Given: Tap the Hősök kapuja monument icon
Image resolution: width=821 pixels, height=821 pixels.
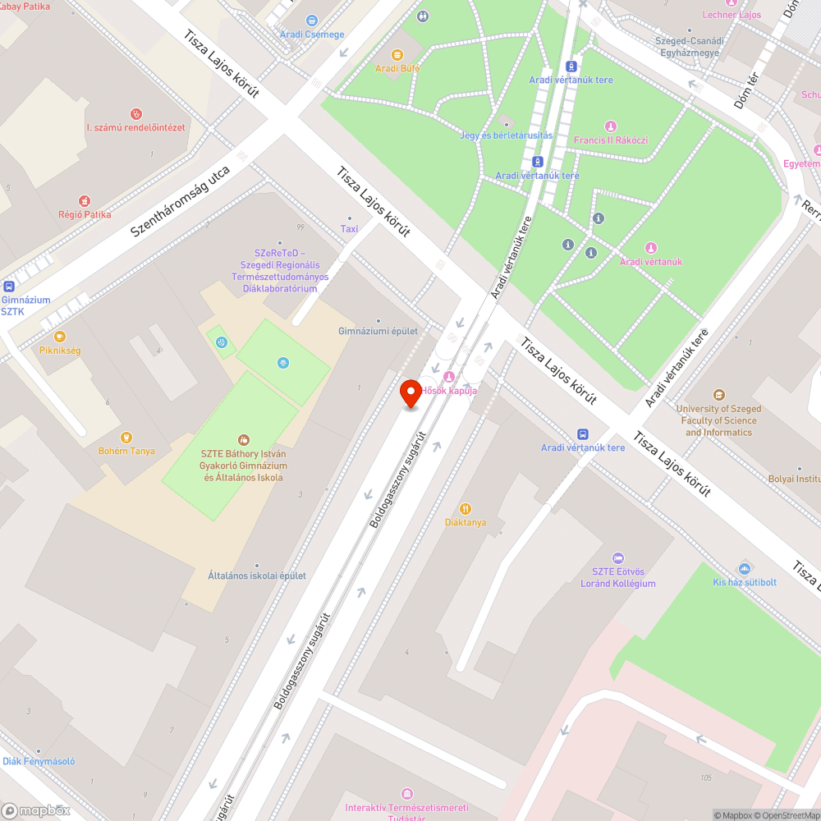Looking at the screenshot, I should tap(448, 376).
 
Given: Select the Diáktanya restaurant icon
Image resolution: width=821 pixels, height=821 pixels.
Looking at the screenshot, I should tap(466, 508).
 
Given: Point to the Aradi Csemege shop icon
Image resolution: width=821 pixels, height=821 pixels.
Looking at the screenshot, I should tap(312, 21).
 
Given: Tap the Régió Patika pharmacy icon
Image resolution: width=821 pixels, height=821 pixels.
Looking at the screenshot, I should tap(84, 200).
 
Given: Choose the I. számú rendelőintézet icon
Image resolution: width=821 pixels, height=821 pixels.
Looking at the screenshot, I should tap(136, 113).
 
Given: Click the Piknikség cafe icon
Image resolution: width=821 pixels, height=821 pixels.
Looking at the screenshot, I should tap(59, 336).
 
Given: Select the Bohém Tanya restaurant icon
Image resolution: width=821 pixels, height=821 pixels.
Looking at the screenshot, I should tap(126, 437).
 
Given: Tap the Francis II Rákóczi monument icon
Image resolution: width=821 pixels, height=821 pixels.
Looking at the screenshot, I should tap(610, 126).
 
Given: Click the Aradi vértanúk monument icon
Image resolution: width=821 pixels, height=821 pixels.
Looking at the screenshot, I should tap(650, 247).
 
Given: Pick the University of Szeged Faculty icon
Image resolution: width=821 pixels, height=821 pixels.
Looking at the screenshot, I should tap(719, 395).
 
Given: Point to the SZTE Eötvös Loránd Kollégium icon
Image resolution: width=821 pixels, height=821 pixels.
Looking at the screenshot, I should tap(618, 558).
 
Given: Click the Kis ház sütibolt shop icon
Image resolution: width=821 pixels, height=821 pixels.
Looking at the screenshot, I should tap(745, 568).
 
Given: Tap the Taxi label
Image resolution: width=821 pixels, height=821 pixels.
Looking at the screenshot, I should tap(350, 229).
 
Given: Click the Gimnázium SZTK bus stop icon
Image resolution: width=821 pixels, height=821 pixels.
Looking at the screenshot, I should tap(8, 287).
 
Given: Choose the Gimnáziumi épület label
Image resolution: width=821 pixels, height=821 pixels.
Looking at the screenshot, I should tap(378, 331).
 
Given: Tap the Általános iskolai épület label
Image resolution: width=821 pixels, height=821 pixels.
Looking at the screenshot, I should tap(256, 576).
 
